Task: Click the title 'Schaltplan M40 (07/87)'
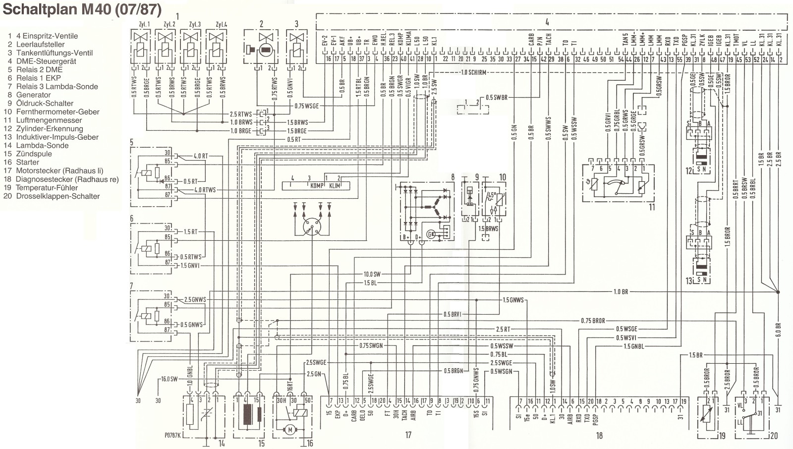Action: [82, 10]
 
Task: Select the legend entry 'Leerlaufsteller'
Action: [40, 45]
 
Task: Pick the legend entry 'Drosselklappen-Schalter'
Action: [57, 196]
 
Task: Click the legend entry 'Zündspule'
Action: [34, 154]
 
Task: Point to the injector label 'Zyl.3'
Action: [195, 24]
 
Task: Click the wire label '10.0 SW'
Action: [372, 274]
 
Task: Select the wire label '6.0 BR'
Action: [778, 330]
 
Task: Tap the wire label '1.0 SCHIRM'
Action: [473, 72]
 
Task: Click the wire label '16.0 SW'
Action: [169, 379]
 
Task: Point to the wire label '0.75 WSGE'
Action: [306, 106]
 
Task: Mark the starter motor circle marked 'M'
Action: [290, 430]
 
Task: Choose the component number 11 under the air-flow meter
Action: [652, 207]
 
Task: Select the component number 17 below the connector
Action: [408, 435]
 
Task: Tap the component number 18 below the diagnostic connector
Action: [599, 436]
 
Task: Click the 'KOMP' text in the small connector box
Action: [317, 186]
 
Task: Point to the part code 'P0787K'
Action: [173, 436]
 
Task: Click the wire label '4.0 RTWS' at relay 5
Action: [205, 190]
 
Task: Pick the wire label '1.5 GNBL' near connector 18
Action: [634, 346]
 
